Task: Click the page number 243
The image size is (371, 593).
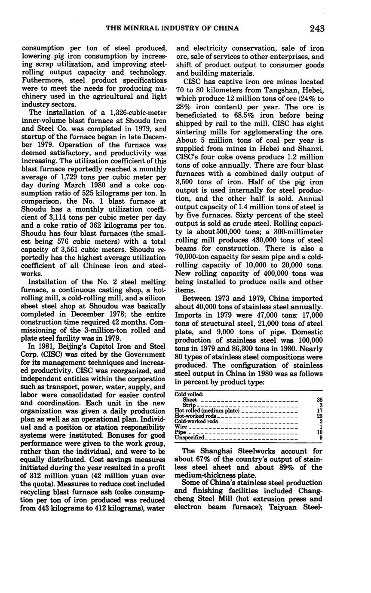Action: (316, 29)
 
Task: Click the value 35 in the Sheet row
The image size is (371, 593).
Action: (319, 400)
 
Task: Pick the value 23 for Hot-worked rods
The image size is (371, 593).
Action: (319, 416)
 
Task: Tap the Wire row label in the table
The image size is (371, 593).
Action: (181, 427)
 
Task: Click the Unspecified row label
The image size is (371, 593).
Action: (190, 437)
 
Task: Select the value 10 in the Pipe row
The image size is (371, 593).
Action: (319, 432)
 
